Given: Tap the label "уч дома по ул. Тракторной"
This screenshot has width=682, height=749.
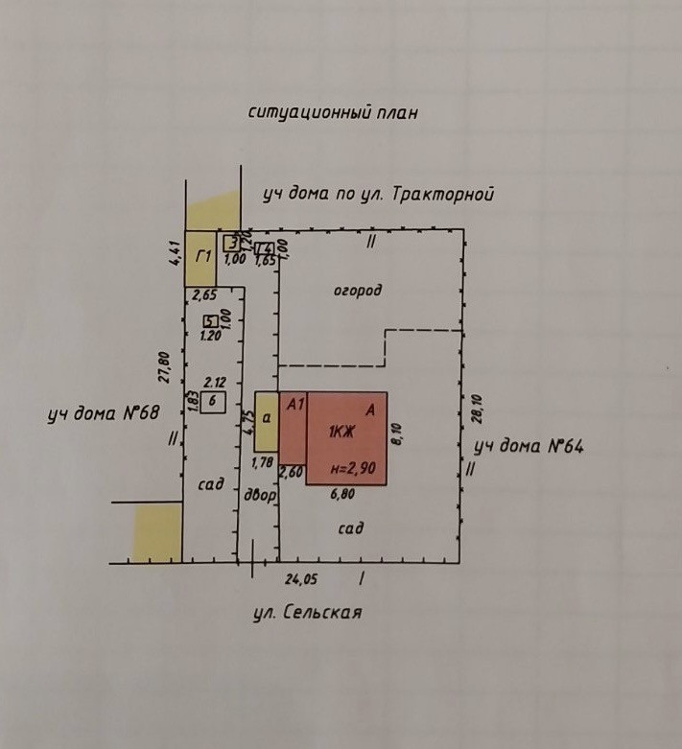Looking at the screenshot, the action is (378, 195).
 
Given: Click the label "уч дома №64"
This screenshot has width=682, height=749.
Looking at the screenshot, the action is (530, 446).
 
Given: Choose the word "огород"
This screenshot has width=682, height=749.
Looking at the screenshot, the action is (358, 290).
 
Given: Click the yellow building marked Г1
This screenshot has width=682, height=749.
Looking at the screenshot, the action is (200, 257).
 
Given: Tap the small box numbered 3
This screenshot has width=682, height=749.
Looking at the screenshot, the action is (231, 242).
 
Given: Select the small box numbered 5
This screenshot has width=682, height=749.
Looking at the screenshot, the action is (210, 321).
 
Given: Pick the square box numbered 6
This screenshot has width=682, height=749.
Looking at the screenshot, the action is (213, 402).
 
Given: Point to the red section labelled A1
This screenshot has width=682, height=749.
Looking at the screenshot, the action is (293, 436).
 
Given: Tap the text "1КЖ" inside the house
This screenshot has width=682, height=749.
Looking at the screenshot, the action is (342, 432).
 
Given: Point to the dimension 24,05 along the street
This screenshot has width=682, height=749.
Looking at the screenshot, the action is (300, 578).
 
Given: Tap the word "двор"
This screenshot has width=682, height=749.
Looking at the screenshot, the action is (260, 496).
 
